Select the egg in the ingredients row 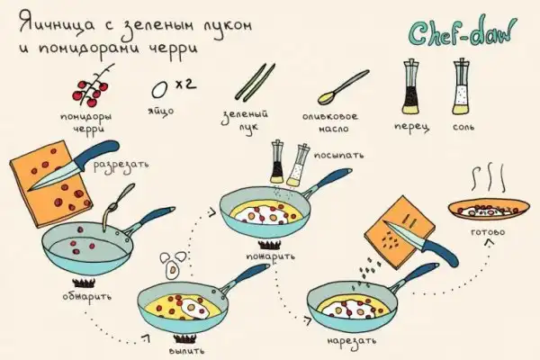pos(159,90)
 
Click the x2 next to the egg pos(185,84)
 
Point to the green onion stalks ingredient pos(256,82)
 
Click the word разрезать pos(121,165)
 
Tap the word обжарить pos(87,297)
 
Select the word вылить pos(187,351)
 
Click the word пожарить pos(270,256)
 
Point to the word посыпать pos(338,156)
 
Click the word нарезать pos(351,341)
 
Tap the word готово pos(488,232)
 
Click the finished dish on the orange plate pos(489,209)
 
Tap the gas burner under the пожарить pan pos(270,246)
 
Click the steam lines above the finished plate pos(489,179)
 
